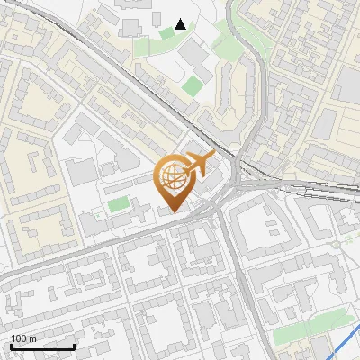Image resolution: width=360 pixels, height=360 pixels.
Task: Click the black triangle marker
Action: click(x=181, y=24)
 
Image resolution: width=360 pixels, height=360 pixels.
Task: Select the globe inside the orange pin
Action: click(x=172, y=176)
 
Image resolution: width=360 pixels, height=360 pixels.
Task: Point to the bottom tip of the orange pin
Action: click(x=173, y=211)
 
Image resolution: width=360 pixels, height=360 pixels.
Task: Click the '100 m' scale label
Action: click(x=23, y=338)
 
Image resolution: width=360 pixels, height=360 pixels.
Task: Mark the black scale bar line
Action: click(x=42, y=346)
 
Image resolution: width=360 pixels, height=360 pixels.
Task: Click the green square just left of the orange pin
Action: click(x=119, y=204)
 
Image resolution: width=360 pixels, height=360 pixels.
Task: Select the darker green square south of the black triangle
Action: click(x=193, y=86)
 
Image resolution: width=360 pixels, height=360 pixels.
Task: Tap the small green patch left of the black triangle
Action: click(x=166, y=33)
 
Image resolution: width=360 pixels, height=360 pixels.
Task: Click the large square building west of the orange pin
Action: click(x=81, y=171)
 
